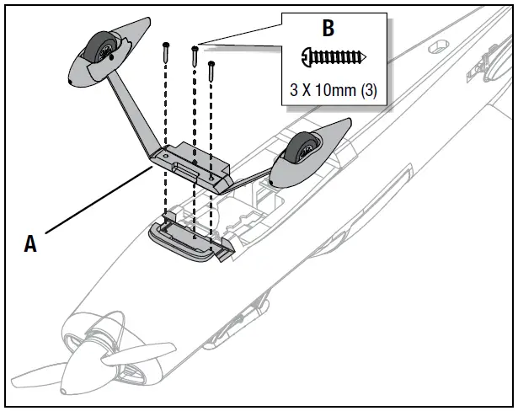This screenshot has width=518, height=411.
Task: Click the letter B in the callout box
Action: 328,28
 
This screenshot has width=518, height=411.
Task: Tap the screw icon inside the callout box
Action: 334,57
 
